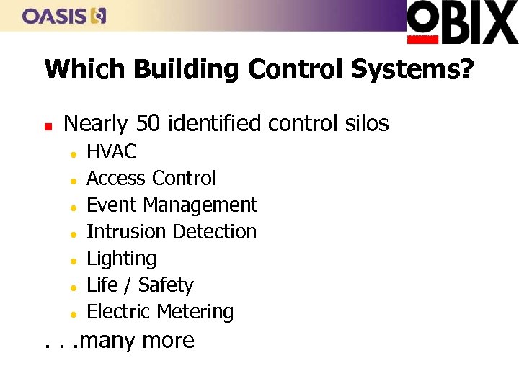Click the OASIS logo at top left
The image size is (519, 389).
(64, 15)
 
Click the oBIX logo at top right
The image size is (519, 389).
(462, 22)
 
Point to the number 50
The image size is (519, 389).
(148, 124)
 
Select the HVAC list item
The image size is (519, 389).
(111, 151)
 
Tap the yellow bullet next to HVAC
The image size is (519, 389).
(74, 153)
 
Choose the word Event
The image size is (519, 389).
(112, 205)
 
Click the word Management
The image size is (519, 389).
(200, 205)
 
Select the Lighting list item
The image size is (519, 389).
(121, 259)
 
